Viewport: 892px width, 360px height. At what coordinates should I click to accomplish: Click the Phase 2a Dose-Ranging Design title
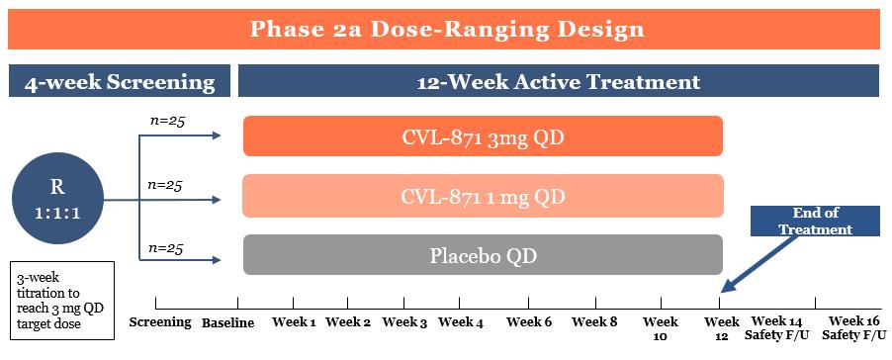pyautogui.click(x=446, y=29)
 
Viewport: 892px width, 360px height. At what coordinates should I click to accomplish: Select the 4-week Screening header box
pyautogui.click(x=120, y=82)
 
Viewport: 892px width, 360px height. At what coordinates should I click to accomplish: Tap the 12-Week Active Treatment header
pyautogui.click(x=558, y=82)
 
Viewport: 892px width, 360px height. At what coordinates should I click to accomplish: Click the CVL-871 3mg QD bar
pyautogui.click(x=483, y=135)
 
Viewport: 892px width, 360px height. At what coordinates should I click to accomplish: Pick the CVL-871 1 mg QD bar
pyautogui.click(x=483, y=196)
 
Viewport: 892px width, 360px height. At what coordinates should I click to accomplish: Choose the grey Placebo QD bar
pyautogui.click(x=483, y=255)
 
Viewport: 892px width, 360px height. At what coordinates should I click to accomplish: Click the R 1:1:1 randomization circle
pyautogui.click(x=57, y=200)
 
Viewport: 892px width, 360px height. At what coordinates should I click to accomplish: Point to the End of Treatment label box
pyautogui.click(x=816, y=221)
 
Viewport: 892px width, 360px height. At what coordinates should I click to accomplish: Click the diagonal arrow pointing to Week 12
pyautogui.click(x=758, y=263)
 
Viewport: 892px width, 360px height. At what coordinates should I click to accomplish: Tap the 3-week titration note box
pyautogui.click(x=62, y=301)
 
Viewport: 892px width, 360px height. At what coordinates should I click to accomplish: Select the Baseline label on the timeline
pyautogui.click(x=227, y=323)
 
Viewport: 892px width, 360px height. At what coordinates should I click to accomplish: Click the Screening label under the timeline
pyautogui.click(x=160, y=321)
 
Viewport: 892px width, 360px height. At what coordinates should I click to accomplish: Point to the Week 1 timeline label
pyautogui.click(x=294, y=321)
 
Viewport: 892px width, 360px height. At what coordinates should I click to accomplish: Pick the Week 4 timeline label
pyautogui.click(x=461, y=322)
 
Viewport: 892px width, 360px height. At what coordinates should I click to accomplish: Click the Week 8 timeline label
pyautogui.click(x=594, y=321)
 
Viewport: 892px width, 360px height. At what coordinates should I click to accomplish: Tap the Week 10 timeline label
pyautogui.click(x=661, y=328)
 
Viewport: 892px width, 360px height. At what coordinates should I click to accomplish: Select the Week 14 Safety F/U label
pyautogui.click(x=777, y=328)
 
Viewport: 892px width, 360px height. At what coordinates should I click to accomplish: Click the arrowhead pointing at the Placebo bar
pyautogui.click(x=217, y=260)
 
